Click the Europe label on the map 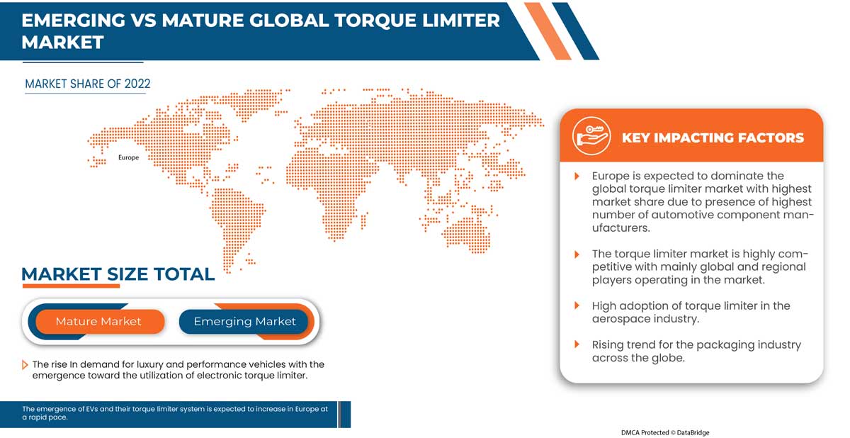pyautogui.click(x=128, y=157)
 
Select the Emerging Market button pyautogui.click(x=244, y=322)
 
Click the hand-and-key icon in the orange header pyautogui.click(x=591, y=136)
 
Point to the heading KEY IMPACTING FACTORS pyautogui.click(x=713, y=137)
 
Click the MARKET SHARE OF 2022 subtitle pyautogui.click(x=88, y=84)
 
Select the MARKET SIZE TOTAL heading pyautogui.click(x=118, y=274)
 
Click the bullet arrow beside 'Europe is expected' pyautogui.click(x=577, y=176)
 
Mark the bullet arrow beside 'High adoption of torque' pyautogui.click(x=577, y=305)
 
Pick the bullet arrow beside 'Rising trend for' pyautogui.click(x=577, y=344)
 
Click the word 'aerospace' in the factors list pyautogui.click(x=622, y=319)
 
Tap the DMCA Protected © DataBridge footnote pyautogui.click(x=665, y=432)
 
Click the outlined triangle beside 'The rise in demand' pyautogui.click(x=25, y=365)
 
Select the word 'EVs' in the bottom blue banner pyautogui.click(x=92, y=409)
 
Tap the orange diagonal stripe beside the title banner pyautogui.click(x=548, y=31)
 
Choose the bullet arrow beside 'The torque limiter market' pyautogui.click(x=577, y=254)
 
